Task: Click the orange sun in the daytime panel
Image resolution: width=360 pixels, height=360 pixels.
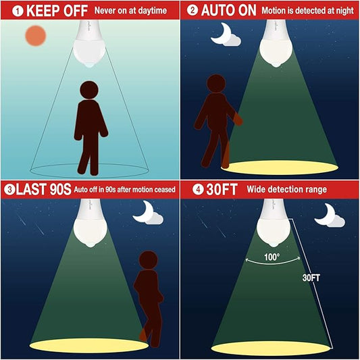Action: pyautogui.click(x=36, y=36)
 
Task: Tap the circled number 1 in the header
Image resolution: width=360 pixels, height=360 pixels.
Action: pyautogui.click(x=18, y=11)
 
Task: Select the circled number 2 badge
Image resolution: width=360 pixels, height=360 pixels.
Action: pyautogui.click(x=192, y=10)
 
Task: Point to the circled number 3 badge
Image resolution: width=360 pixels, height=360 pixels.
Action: pyautogui.click(x=9, y=190)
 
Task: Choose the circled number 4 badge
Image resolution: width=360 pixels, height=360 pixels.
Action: pyautogui.click(x=198, y=190)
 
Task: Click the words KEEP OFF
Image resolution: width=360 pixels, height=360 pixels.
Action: pyautogui.click(x=57, y=11)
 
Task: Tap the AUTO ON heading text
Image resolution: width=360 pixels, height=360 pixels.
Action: pyautogui.click(x=229, y=10)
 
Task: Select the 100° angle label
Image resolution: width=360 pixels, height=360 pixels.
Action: pyautogui.click(x=272, y=257)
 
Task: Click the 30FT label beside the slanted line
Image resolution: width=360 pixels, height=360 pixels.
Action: pyautogui.click(x=311, y=278)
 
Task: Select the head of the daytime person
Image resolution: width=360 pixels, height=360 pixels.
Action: pyautogui.click(x=89, y=90)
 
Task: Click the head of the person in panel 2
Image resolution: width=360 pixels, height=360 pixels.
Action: pyautogui.click(x=216, y=84)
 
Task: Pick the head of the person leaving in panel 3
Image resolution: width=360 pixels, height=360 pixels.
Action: pyautogui.click(x=149, y=260)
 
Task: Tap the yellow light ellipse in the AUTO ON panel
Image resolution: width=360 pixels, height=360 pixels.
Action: pyautogui.click(x=280, y=168)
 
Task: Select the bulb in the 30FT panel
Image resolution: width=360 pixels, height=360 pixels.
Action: pyautogui.click(x=274, y=223)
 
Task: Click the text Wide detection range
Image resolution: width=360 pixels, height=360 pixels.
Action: pyautogui.click(x=287, y=189)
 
